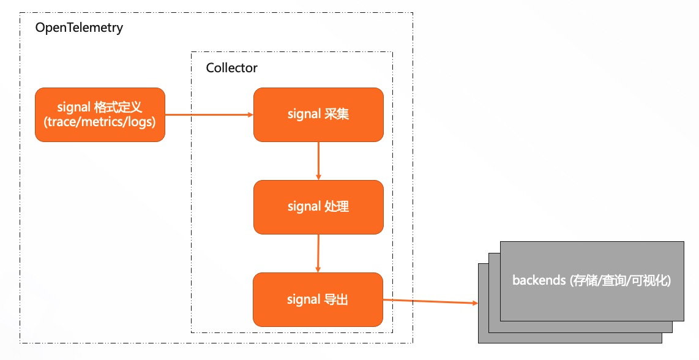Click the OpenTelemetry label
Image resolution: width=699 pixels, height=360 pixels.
pyautogui.click(x=79, y=28)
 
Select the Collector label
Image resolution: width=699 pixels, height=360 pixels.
pyautogui.click(x=231, y=68)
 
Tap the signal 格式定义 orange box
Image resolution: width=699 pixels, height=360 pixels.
pyautogui.click(x=100, y=114)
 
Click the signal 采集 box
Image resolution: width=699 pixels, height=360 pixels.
pyautogui.click(x=318, y=114)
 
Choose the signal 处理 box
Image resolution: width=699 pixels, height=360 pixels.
pyautogui.click(x=318, y=207)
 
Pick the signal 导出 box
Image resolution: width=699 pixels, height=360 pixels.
pyautogui.click(x=318, y=300)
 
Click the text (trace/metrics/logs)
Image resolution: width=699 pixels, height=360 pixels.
pyautogui.click(x=100, y=122)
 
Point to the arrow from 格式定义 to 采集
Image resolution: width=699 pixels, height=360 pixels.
pyautogui.click(x=208, y=114)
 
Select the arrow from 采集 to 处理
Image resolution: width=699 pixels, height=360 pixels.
pyautogui.click(x=318, y=160)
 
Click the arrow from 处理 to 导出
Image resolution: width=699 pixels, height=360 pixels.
pyautogui.click(x=318, y=253)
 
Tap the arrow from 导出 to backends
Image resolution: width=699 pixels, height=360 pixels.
pyautogui.click(x=428, y=302)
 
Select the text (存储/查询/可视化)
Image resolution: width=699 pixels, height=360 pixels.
pyautogui.click(x=621, y=281)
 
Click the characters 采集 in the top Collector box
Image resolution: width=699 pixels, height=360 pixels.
pyautogui.click(x=337, y=114)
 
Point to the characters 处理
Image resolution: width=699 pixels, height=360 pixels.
pyautogui.click(x=337, y=207)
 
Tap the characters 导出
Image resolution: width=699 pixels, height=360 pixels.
pyautogui.click(x=336, y=300)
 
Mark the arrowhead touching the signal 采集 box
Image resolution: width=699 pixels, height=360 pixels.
pyautogui.click(x=250, y=114)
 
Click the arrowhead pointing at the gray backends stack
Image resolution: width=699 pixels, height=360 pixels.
pyautogui.click(x=474, y=304)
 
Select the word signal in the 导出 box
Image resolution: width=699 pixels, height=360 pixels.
pyautogui.click(x=304, y=300)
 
